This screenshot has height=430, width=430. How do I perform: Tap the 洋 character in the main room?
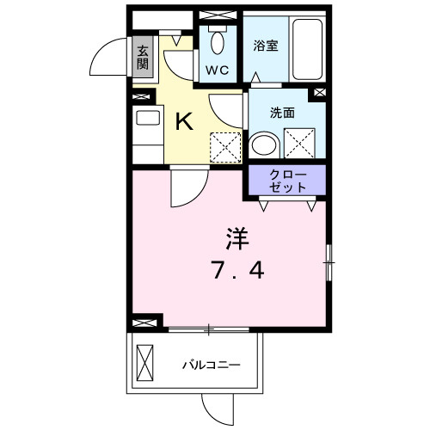236,236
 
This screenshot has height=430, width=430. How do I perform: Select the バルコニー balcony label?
210,365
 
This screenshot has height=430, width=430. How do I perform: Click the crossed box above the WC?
212,15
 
